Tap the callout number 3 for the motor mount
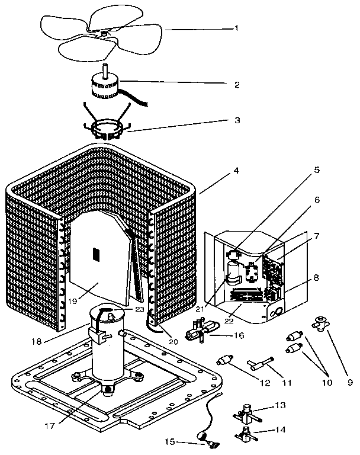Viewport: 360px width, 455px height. point(237,120)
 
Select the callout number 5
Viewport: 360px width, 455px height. point(316,170)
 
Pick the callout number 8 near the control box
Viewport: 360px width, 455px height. point(316,277)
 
